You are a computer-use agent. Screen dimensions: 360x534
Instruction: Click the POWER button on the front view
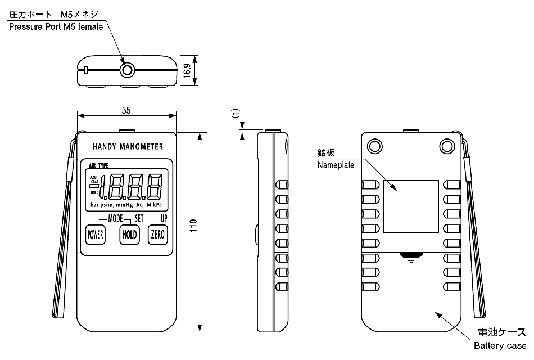click(x=95, y=236)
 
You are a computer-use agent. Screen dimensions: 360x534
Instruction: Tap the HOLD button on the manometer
click(x=129, y=236)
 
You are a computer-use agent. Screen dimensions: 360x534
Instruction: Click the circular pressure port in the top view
click(x=128, y=70)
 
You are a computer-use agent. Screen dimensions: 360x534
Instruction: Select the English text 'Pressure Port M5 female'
click(x=56, y=27)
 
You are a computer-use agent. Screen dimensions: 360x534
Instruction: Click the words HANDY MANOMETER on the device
click(x=127, y=147)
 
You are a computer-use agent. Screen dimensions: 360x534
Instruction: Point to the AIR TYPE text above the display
click(x=99, y=165)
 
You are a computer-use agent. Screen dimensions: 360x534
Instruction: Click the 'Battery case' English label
click(x=500, y=345)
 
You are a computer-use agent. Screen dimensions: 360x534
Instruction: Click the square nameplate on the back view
click(x=410, y=206)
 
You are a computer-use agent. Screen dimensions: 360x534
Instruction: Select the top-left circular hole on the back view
click(x=374, y=146)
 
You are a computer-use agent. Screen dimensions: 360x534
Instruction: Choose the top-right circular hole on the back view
click(x=447, y=146)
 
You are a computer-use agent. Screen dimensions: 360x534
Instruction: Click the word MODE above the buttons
click(x=115, y=217)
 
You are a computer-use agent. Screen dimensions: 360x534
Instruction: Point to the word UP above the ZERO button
click(x=164, y=217)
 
